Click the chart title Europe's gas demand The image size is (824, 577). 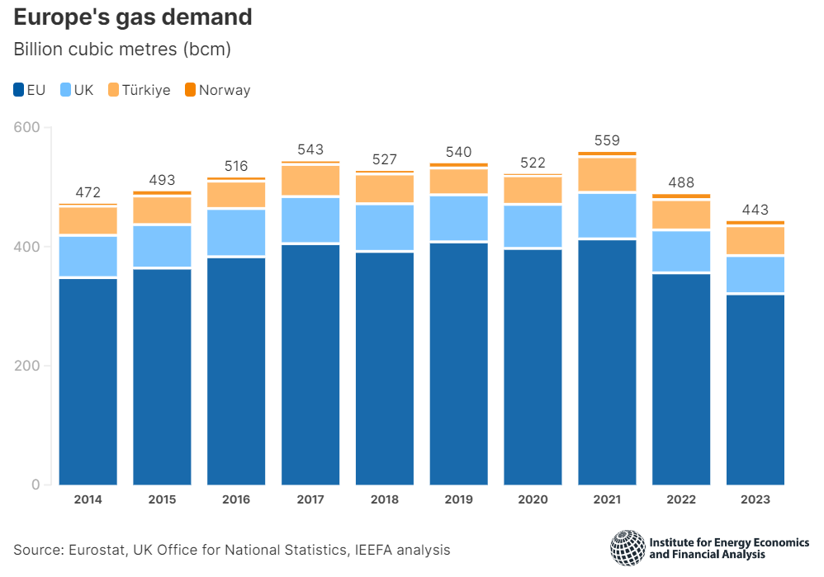[x=133, y=17]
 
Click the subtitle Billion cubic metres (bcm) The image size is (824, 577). [x=122, y=50]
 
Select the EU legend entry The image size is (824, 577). [x=30, y=90]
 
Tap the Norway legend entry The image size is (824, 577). [x=217, y=90]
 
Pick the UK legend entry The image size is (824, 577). [x=77, y=90]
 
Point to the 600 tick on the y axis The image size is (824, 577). [x=28, y=128]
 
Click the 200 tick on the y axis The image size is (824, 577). [x=28, y=366]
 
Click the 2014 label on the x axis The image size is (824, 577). [x=88, y=499]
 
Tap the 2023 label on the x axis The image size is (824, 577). [x=755, y=499]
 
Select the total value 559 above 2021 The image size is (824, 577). [x=607, y=140]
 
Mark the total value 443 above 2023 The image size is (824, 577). [x=755, y=210]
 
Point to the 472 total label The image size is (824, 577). [x=88, y=192]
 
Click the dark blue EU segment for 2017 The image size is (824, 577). [x=310, y=363]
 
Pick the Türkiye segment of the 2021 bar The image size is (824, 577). [x=607, y=174]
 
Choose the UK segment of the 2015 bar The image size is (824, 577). [x=162, y=246]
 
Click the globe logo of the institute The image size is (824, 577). [x=627, y=547]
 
